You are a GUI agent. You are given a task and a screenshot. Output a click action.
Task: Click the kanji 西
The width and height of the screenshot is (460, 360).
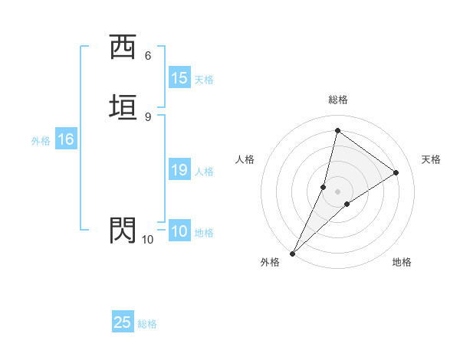pos(123,46)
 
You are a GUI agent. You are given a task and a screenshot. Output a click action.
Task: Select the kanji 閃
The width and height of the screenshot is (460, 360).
pos(123,230)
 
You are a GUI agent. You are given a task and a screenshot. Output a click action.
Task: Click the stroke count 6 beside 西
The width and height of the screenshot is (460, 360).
pos(148,55)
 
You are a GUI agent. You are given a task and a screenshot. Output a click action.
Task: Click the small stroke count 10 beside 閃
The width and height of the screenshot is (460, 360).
pos(147,240)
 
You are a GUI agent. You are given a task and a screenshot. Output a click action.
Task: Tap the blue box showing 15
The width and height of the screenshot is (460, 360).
pos(179,78)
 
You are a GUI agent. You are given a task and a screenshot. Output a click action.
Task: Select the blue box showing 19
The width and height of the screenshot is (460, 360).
pos(179,170)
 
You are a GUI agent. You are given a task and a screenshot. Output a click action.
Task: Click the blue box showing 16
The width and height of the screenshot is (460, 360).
pos(66,139)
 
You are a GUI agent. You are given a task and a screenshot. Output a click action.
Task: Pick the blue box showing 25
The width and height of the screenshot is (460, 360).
pos(123,322)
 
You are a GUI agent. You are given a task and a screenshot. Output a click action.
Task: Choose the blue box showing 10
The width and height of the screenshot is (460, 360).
pos(179,231)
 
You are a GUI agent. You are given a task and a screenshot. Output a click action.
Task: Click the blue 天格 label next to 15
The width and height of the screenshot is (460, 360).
pos(203,80)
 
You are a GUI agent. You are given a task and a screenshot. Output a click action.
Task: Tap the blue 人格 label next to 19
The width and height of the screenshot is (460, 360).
pos(203,172)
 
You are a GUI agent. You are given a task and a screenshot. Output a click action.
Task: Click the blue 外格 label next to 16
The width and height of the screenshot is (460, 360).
pos(41,141)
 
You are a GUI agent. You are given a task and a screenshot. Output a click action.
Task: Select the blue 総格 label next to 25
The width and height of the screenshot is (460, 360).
pos(147,324)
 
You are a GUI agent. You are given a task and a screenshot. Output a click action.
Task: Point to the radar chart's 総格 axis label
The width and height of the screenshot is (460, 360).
pos(337,100)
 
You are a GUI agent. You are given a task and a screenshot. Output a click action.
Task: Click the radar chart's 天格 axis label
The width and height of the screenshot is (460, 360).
pos(431,159)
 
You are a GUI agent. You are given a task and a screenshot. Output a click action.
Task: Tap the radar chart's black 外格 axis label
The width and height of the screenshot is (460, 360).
pos(270,262)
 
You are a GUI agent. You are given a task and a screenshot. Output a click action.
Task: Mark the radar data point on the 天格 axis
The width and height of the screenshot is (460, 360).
pos(396,172)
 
